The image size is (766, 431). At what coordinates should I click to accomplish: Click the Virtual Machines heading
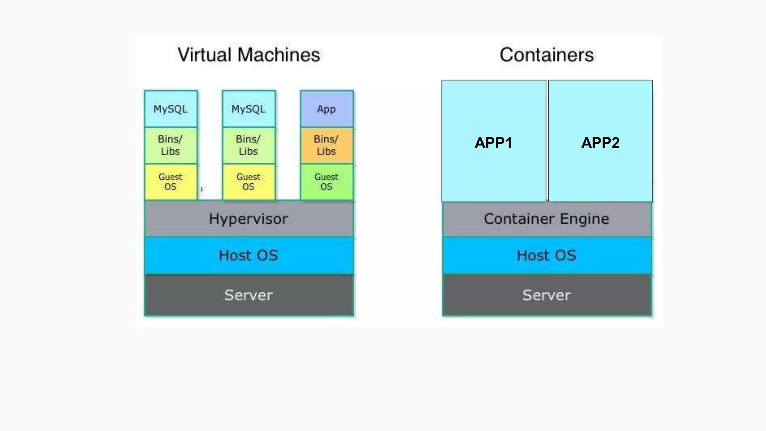249,55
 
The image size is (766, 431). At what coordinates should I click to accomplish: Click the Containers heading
546,55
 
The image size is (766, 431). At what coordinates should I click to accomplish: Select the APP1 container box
493,142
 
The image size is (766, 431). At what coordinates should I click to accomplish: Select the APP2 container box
600,142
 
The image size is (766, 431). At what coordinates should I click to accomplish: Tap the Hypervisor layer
249,219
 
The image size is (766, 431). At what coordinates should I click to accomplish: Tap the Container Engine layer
546,219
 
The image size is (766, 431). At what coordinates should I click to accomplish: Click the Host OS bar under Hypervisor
249,256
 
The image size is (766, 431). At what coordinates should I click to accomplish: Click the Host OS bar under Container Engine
546,256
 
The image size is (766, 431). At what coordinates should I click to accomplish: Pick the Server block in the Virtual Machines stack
249,295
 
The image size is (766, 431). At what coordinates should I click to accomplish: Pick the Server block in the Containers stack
546,295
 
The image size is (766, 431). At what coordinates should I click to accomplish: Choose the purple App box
327,109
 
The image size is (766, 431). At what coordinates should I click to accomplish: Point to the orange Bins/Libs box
327,145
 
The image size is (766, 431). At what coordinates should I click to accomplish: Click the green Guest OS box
327,182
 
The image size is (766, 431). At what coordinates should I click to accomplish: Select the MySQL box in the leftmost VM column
171,109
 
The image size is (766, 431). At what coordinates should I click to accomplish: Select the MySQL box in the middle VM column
249,109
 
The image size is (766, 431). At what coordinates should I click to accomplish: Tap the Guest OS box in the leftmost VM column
171,182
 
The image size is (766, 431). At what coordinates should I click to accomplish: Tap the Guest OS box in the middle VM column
249,182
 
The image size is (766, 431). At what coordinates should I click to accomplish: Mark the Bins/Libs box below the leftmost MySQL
171,145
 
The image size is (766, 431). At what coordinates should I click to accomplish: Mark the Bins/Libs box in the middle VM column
249,145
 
